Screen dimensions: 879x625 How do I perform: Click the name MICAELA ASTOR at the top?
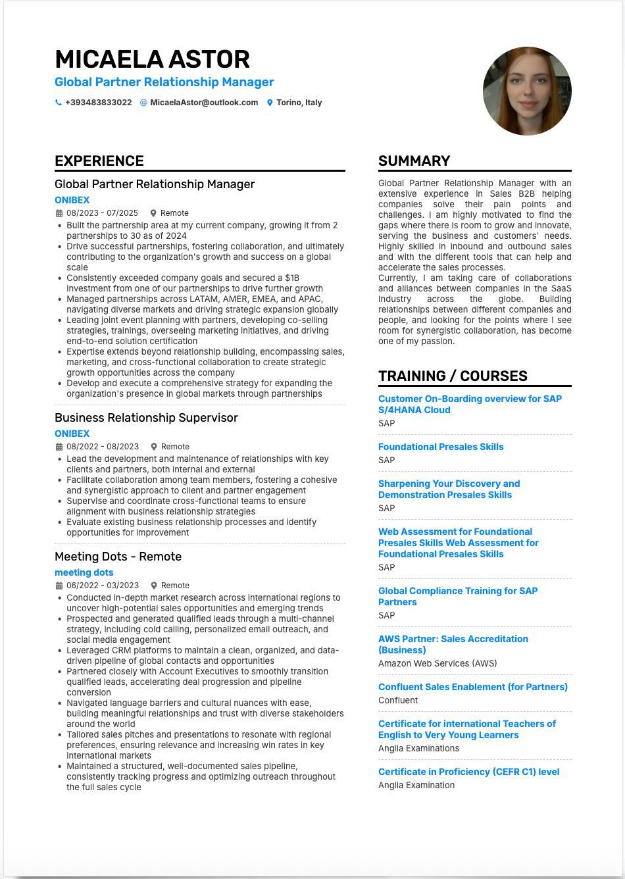point(152,59)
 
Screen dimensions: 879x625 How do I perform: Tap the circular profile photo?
point(527,91)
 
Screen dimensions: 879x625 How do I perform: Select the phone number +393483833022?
point(98,103)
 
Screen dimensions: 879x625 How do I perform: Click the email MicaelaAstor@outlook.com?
point(204,103)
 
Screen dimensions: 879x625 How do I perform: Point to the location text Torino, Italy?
point(299,103)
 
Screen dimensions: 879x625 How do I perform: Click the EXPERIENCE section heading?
point(99,161)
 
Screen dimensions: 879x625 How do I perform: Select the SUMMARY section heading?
point(414,161)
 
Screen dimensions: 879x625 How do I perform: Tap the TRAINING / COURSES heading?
point(453,376)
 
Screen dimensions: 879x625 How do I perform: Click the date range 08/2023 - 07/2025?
point(102,213)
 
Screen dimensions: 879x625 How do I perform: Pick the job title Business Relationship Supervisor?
point(146,418)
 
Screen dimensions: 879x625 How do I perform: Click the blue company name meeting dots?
point(84,572)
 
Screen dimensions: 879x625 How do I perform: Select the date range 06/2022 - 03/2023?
point(102,586)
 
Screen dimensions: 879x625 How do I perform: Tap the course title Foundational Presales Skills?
point(441,447)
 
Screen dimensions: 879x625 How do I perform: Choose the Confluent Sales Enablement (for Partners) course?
point(472,687)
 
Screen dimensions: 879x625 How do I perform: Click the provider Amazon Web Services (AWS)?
point(438,663)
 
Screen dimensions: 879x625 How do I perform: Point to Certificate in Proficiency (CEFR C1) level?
point(468,772)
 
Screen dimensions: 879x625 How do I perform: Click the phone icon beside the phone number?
point(59,103)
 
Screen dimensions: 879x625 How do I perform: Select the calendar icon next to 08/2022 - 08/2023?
point(59,447)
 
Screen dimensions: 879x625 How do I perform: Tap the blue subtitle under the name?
point(164,82)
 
